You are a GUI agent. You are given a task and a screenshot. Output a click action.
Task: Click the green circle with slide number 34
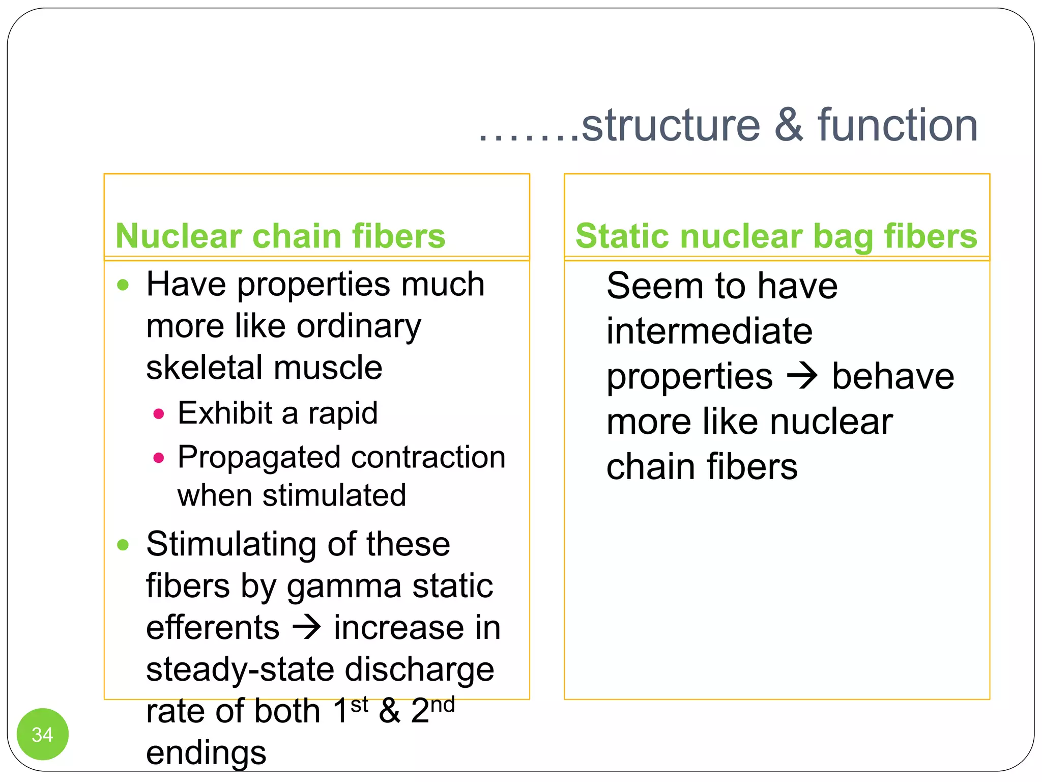tap(42, 734)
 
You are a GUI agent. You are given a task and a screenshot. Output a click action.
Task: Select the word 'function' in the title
tap(898, 126)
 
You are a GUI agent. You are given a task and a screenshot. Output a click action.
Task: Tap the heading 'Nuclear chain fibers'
tap(280, 236)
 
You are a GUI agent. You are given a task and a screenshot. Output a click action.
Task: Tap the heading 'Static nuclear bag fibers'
tap(776, 236)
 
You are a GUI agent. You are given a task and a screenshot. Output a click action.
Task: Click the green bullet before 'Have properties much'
tap(123, 285)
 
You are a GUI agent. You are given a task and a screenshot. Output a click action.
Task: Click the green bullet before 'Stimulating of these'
tap(123, 545)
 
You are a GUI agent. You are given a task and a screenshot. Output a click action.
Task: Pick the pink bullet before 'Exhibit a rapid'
tap(159, 413)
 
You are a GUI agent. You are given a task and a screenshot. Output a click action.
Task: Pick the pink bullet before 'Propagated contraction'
tap(159, 458)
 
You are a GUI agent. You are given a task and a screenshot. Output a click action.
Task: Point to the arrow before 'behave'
tap(802, 377)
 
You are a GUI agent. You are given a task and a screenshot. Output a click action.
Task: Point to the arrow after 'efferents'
tap(307, 627)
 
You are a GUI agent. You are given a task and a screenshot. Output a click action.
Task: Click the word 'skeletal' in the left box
tap(202, 368)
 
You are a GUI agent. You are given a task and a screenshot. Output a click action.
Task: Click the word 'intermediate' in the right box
tap(709, 331)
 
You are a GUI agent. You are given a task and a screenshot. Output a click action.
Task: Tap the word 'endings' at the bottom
tap(206, 752)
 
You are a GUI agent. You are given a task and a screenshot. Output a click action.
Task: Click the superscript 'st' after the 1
tap(359, 705)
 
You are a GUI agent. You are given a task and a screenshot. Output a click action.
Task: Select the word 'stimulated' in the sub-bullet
tap(334, 495)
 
